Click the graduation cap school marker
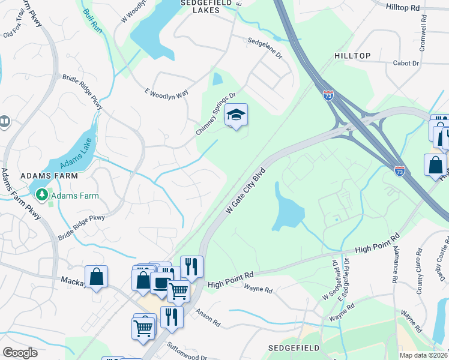click(237, 115)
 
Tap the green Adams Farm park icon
click(42, 195)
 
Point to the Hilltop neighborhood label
click(352, 56)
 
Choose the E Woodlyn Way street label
click(166, 92)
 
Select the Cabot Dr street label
click(406, 63)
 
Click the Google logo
click(20, 353)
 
